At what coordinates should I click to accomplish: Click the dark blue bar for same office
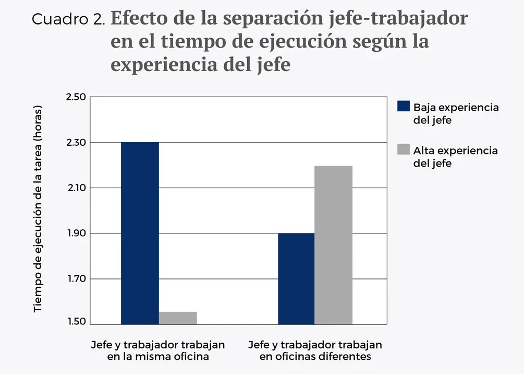(x=140, y=233)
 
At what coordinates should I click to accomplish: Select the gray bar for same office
(x=178, y=318)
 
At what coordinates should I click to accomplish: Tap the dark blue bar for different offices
(x=296, y=278)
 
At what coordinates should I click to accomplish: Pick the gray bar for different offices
(x=334, y=245)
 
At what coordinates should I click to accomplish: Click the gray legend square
(x=404, y=150)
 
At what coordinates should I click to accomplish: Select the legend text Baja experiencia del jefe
(x=456, y=114)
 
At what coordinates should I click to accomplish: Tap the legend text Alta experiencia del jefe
(x=455, y=157)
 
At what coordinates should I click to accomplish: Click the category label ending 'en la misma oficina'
(x=158, y=351)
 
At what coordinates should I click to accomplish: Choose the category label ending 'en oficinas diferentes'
(x=315, y=351)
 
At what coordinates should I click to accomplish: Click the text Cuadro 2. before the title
(x=69, y=19)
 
